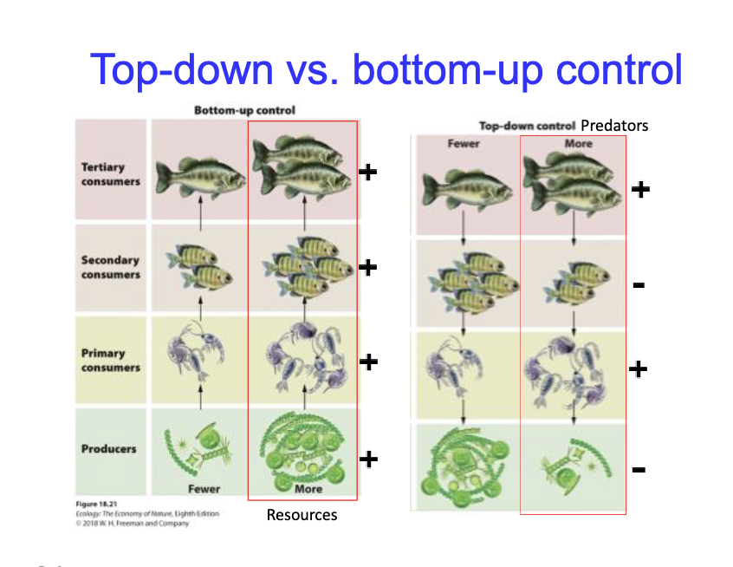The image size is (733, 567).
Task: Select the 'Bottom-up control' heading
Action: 244,110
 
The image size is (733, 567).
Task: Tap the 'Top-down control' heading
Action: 527,126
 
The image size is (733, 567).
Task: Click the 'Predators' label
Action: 614,126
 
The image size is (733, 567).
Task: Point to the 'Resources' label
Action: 302,515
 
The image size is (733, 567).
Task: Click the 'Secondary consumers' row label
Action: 110,267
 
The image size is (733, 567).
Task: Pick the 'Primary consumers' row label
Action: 107,360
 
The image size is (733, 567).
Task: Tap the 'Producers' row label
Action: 109,448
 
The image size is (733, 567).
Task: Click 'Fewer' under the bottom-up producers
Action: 204,489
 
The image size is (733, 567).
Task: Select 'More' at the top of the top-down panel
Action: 578,143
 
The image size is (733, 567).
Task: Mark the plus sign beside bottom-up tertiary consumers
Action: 368,173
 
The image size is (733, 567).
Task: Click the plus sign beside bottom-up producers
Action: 368,458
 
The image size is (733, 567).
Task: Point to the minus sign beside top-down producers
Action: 639,470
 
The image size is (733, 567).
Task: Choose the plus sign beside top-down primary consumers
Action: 639,369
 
